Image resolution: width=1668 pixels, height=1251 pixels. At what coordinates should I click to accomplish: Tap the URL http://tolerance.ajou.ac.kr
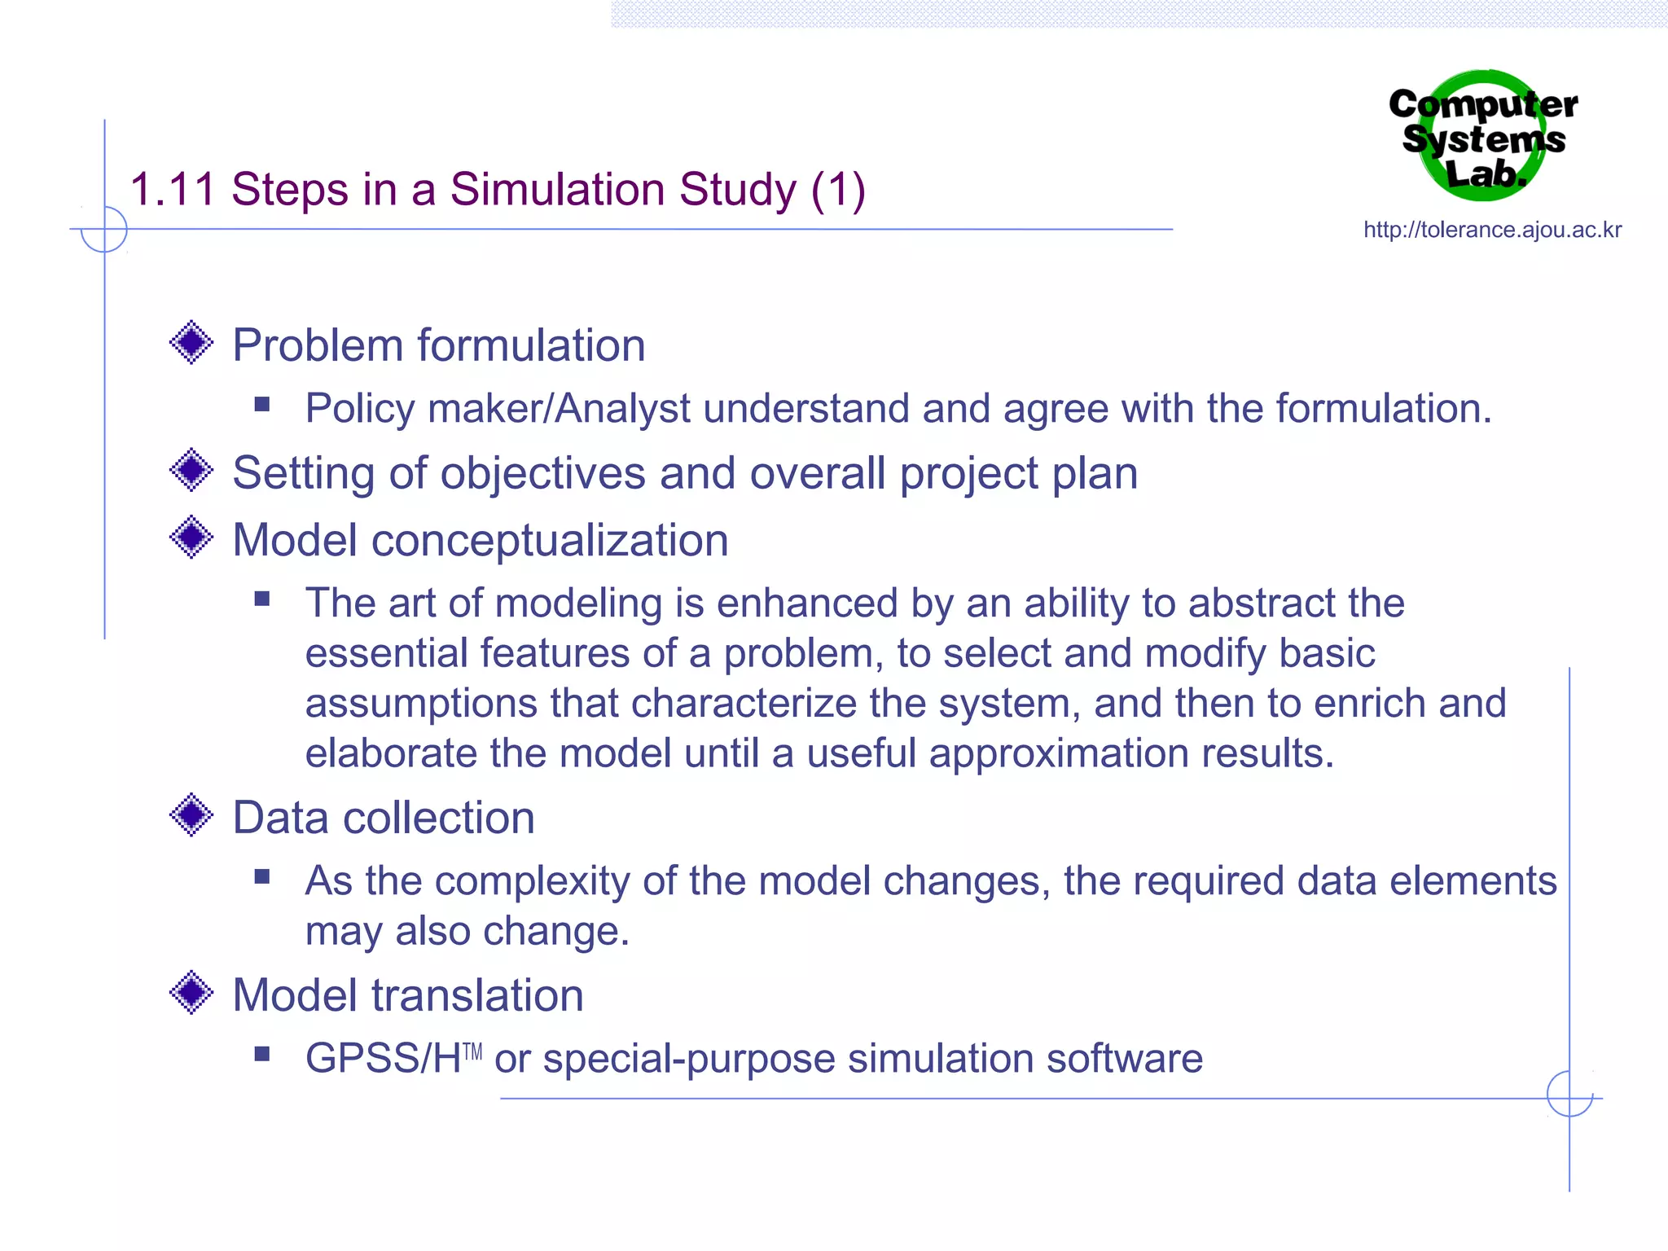[1492, 230]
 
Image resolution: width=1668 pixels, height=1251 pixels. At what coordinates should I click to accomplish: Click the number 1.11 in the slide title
[172, 190]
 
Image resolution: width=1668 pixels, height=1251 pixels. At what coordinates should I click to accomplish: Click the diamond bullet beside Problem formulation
[191, 342]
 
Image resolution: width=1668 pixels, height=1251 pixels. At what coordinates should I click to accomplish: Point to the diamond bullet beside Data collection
[191, 814]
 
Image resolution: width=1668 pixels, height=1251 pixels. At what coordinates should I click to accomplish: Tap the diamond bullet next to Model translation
[191, 992]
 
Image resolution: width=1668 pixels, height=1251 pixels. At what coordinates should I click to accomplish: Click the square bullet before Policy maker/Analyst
[261, 404]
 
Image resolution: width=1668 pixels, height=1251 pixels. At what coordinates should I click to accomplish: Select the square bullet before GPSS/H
[261, 1054]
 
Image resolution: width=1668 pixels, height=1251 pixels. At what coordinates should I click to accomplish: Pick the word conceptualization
[549, 541]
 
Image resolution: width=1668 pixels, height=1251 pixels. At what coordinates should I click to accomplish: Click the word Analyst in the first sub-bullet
[622, 409]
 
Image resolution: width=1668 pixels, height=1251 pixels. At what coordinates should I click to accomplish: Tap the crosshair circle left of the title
[104, 230]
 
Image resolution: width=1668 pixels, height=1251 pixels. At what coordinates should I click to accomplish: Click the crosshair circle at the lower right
[1569, 1095]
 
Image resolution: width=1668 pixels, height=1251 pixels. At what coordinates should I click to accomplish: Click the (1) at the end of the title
[838, 190]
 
